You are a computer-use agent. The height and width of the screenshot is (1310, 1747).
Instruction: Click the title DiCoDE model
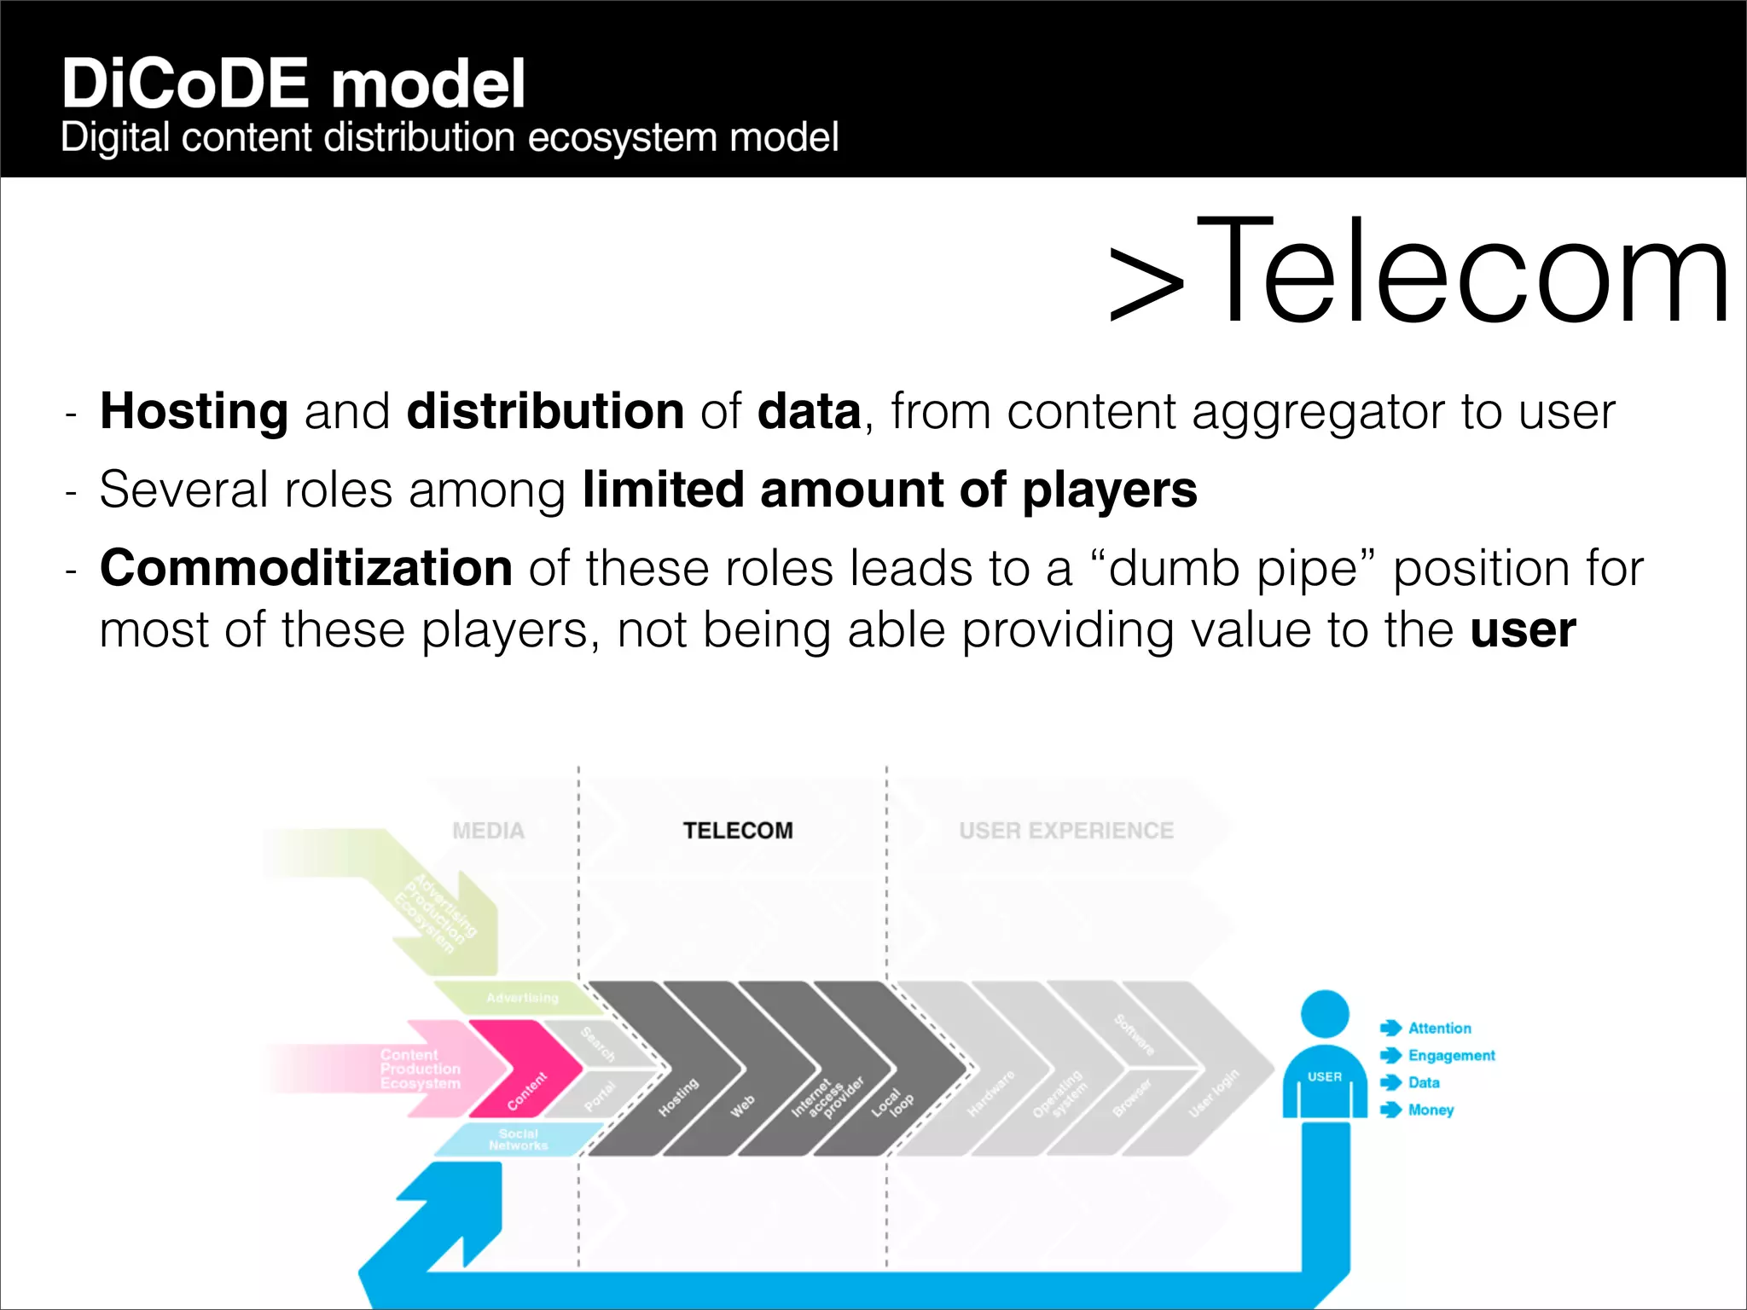(x=293, y=84)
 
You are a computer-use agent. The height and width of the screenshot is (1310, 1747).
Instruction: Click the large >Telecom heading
(x=1419, y=272)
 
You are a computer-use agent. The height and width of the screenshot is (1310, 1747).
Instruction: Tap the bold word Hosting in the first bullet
(x=194, y=411)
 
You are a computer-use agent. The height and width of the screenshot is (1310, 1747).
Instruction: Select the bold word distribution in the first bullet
(x=545, y=411)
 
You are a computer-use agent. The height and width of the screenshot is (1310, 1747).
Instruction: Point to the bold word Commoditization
(x=305, y=568)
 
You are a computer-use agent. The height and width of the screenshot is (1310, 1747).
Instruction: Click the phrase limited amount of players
(x=889, y=490)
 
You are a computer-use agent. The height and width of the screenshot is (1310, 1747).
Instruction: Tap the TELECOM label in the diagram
(x=737, y=830)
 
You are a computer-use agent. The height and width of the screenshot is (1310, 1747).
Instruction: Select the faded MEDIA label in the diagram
(x=488, y=830)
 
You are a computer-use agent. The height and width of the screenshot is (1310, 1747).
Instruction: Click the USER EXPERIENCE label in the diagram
(x=1065, y=830)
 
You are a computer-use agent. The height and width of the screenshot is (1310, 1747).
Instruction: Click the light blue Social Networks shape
(x=518, y=1139)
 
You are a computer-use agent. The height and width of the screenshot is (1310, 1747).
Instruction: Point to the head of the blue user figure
(x=1324, y=1014)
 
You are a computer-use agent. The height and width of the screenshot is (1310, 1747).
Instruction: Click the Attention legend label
(x=1439, y=1028)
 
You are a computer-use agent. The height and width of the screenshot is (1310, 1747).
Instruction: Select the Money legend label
(x=1431, y=1110)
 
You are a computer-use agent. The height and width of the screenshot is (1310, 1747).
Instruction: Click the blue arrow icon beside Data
(x=1390, y=1082)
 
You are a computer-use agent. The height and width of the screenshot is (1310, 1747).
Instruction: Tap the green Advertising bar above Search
(x=521, y=997)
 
